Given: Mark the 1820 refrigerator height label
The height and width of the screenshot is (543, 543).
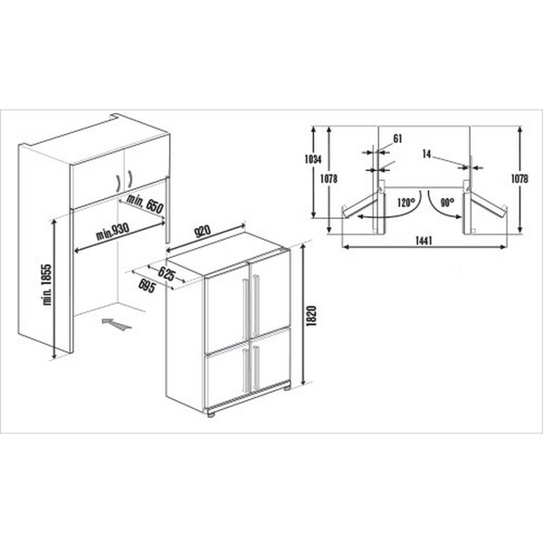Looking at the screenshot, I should pyautogui.click(x=310, y=316).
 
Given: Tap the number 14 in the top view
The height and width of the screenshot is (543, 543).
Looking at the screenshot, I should pyautogui.click(x=428, y=154).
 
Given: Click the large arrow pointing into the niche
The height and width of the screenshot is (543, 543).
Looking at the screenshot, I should pyautogui.click(x=115, y=322).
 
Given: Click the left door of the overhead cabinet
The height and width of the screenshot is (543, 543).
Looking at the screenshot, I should pyautogui.click(x=100, y=176).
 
